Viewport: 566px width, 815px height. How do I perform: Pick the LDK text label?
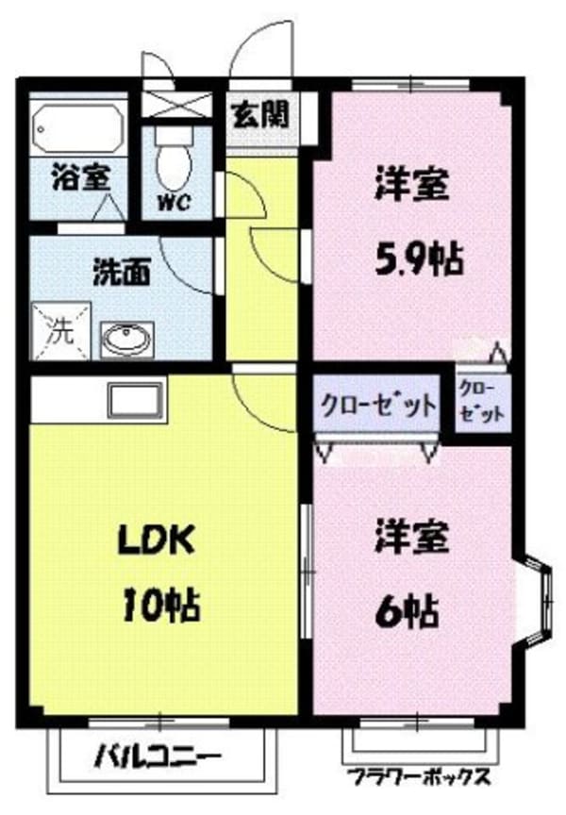[x=156, y=541]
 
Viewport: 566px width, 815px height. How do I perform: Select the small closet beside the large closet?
[x=482, y=403]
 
